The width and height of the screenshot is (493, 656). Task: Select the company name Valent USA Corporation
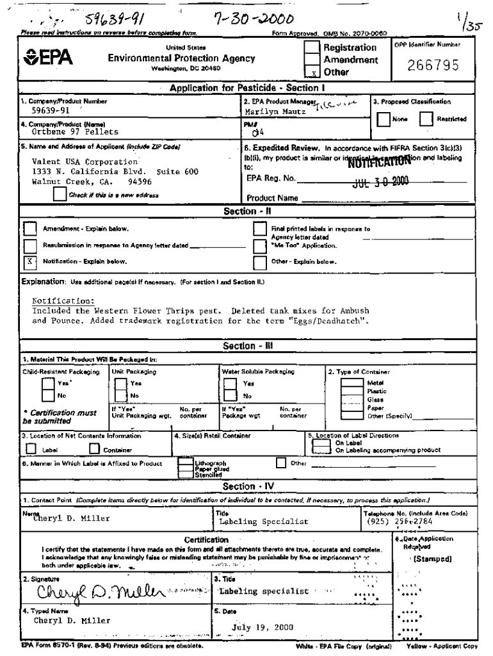point(85,162)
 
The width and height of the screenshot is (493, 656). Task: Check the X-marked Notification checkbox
point(29,261)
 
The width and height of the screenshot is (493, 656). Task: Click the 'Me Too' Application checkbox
point(259,245)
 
